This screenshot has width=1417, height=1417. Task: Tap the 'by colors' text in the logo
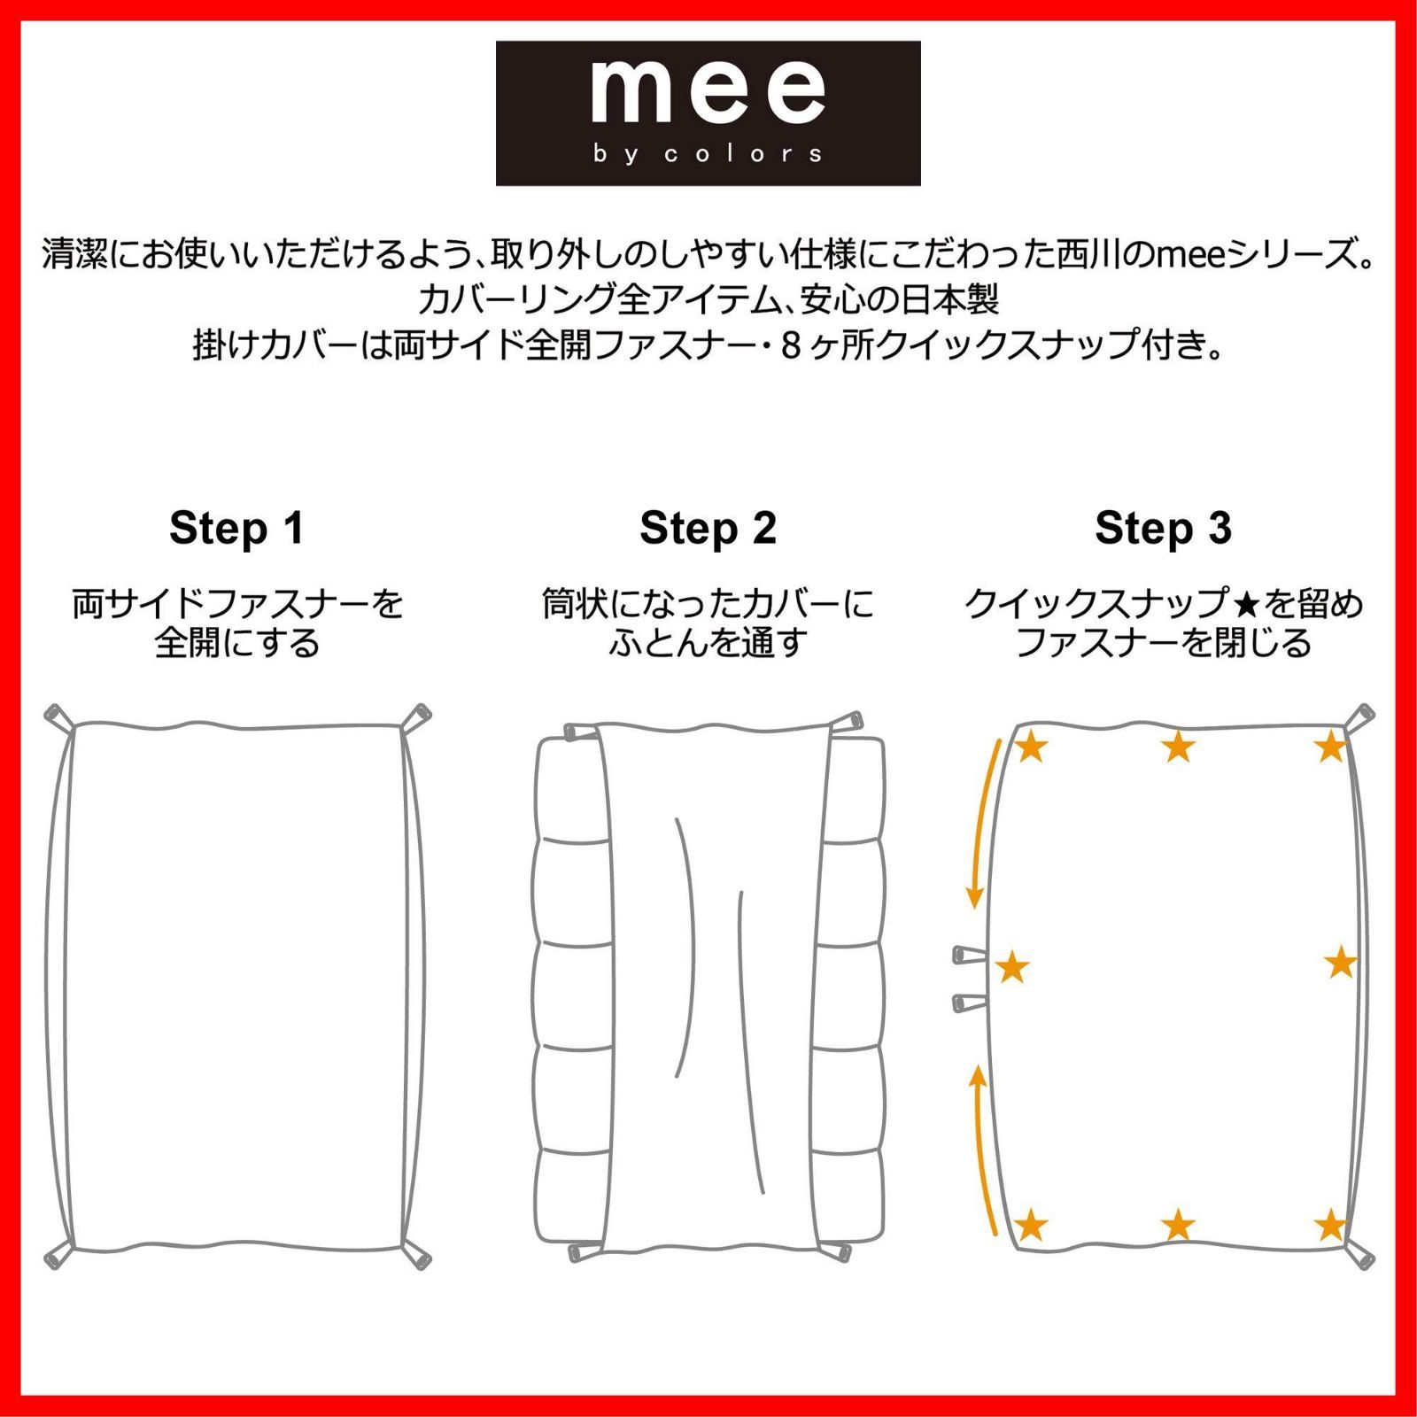click(708, 154)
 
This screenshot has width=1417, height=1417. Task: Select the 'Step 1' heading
click(236, 529)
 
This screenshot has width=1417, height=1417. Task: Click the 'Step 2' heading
click(708, 529)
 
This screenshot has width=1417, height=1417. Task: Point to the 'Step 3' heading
click(1163, 529)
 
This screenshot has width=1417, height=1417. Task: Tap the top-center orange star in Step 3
click(1178, 747)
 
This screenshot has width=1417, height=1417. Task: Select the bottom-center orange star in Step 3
click(1178, 1226)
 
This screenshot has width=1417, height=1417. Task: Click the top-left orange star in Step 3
click(1030, 747)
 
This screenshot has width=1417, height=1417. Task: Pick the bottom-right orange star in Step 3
click(1331, 1226)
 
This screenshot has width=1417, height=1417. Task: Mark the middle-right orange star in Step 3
click(1342, 963)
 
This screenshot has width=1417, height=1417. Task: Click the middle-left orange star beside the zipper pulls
click(1012, 968)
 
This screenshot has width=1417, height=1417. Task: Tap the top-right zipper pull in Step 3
click(1361, 716)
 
